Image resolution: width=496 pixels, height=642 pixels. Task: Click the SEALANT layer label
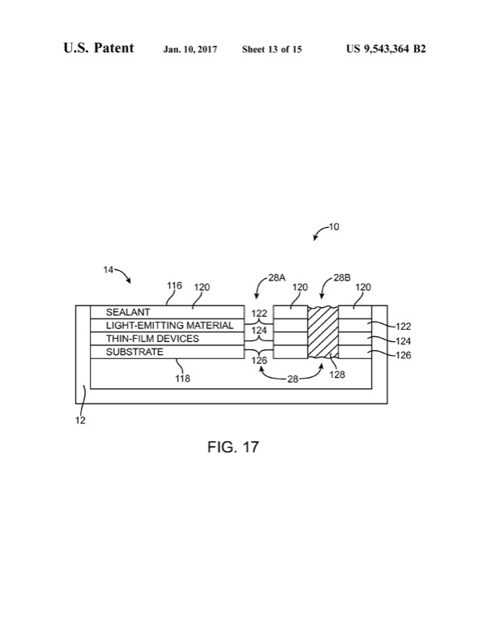point(128,311)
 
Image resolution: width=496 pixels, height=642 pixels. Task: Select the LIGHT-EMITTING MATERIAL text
point(169,325)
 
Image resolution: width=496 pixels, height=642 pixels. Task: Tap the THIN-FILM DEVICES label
point(152,338)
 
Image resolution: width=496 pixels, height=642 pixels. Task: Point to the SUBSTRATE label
point(135,352)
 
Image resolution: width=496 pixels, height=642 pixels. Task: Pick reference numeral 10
point(334,227)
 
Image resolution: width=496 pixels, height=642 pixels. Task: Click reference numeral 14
point(108,271)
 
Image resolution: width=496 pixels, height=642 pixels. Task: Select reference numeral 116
point(174,286)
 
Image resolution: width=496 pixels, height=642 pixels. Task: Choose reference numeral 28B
point(343,277)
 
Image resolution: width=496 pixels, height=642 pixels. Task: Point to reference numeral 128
point(337,375)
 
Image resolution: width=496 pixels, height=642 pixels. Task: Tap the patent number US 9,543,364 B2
point(386,49)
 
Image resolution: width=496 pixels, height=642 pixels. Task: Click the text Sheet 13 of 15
point(272,49)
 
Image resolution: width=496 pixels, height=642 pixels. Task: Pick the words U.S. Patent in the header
point(99,49)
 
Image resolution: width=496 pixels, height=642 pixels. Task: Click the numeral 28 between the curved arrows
point(293,378)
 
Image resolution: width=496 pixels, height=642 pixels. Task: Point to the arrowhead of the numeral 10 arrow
point(315,239)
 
